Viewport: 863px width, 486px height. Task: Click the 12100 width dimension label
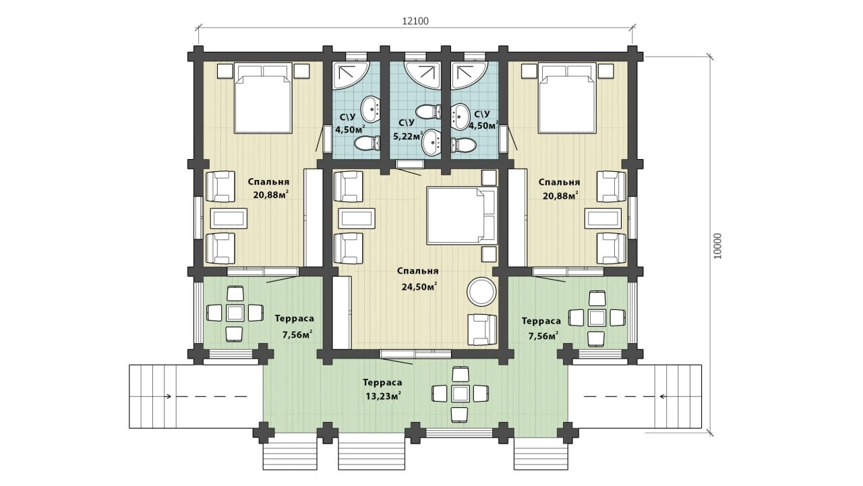click(x=415, y=21)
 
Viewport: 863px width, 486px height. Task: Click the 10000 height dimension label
click(x=717, y=246)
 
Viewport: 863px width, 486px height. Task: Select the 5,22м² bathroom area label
click(x=408, y=136)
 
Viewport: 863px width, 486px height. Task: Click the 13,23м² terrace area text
click(x=383, y=396)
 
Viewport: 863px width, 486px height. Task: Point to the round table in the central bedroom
click(x=481, y=292)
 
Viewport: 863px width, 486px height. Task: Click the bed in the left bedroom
click(x=263, y=98)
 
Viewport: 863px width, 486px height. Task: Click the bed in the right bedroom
click(x=567, y=98)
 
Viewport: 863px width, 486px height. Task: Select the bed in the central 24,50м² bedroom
click(x=462, y=216)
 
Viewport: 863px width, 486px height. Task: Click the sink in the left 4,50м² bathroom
click(x=371, y=109)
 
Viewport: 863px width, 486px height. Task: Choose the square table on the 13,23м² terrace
click(x=460, y=394)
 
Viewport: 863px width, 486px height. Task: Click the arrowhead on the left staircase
click(x=169, y=396)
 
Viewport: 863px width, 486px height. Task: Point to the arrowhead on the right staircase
click(x=662, y=396)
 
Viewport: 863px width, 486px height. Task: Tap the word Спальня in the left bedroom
click(x=268, y=182)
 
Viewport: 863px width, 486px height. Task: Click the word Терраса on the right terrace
click(x=541, y=321)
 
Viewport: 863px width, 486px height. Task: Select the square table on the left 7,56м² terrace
click(x=235, y=313)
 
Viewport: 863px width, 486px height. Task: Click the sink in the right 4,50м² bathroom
click(x=460, y=115)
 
